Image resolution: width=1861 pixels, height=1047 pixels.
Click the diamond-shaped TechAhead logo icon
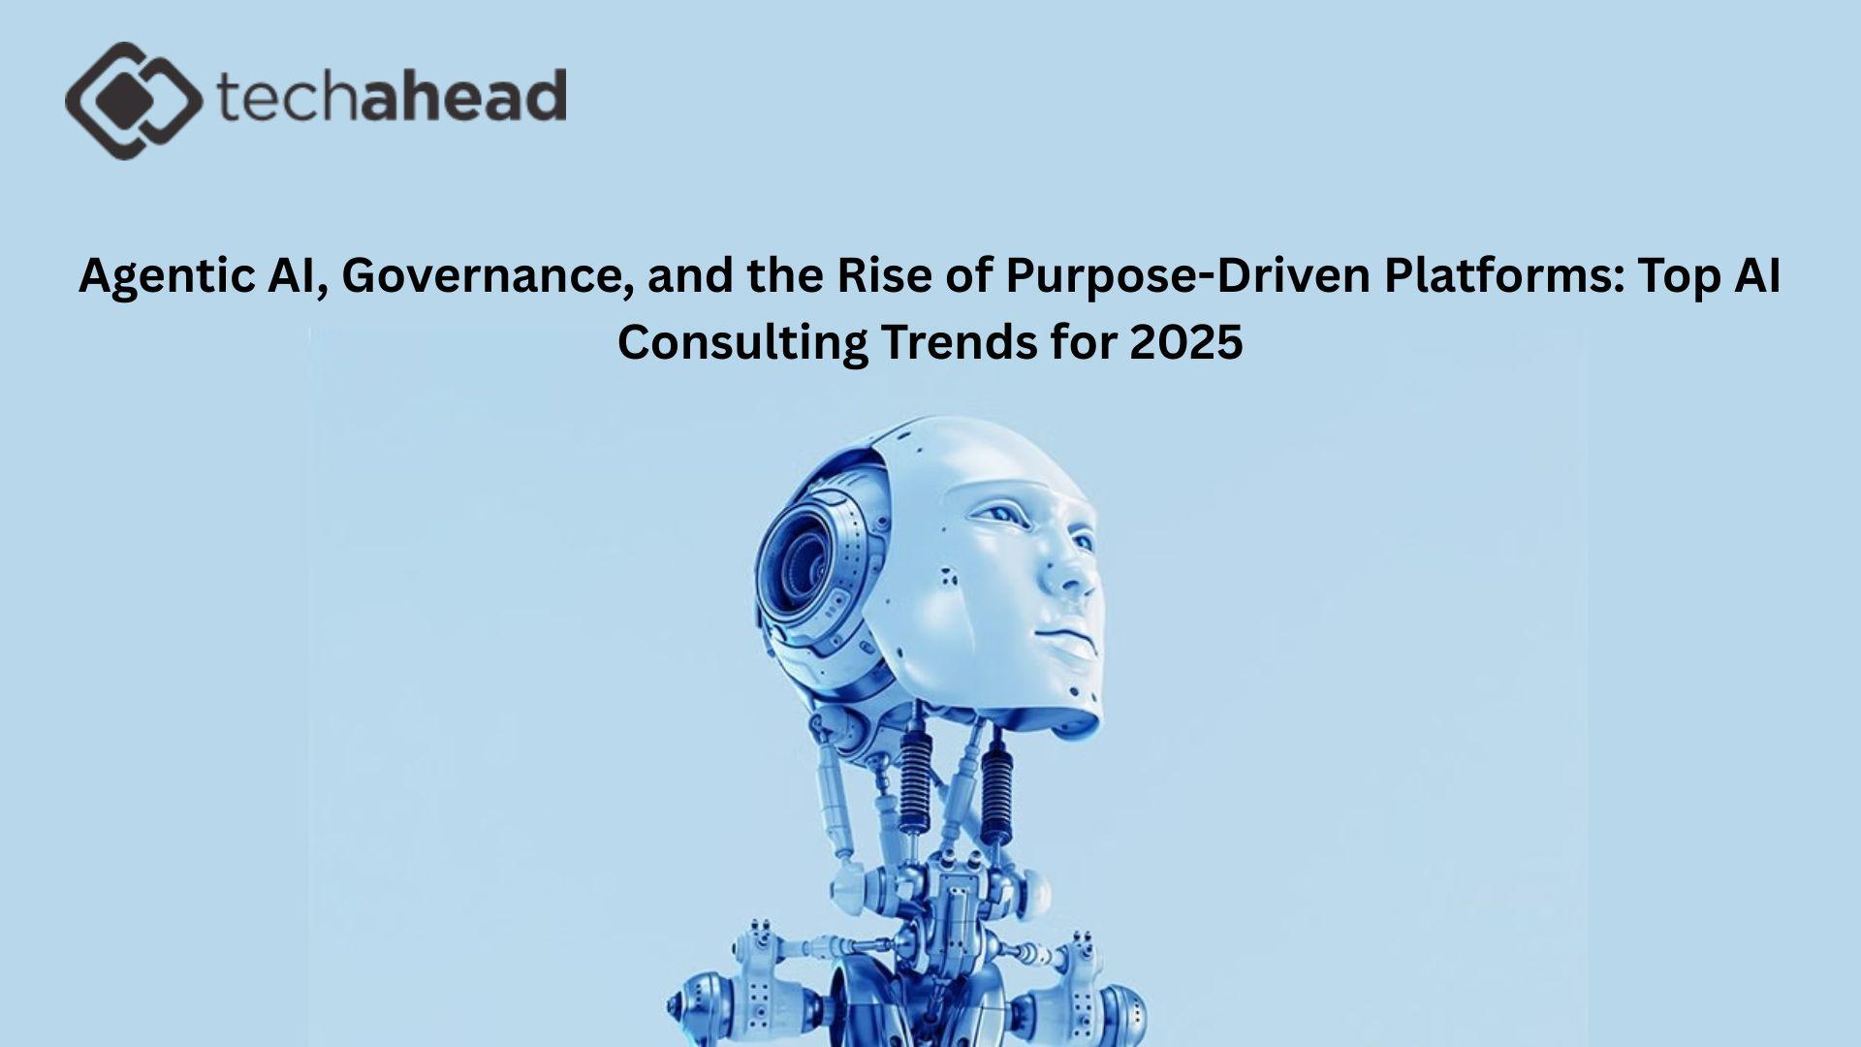coord(134,101)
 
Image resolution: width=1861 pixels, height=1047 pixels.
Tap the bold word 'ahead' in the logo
coord(464,95)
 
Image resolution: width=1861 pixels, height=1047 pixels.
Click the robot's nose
coord(1071,573)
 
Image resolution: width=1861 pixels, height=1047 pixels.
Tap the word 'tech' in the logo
coord(285,96)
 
